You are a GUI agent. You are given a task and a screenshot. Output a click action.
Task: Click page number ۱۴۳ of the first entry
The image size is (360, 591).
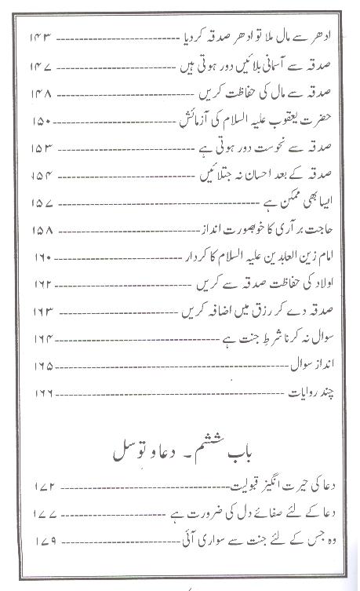(x=42, y=38)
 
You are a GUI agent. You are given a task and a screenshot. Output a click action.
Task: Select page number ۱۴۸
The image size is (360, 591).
(x=42, y=95)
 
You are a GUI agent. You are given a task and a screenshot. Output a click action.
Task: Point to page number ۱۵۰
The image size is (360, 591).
(x=42, y=123)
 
